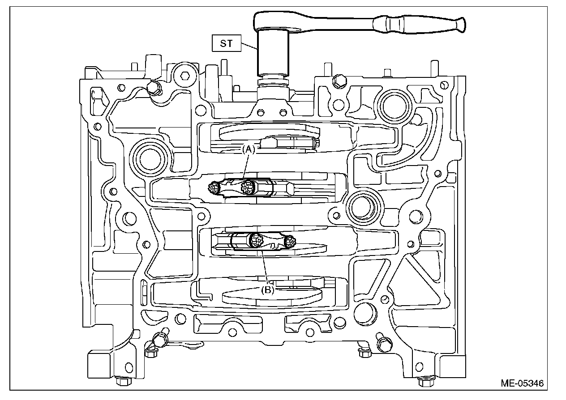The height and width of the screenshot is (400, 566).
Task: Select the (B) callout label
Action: [x=267, y=289]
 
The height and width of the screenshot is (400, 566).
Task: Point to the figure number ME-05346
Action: [x=522, y=383]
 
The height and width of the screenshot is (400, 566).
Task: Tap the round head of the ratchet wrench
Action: [x=273, y=22]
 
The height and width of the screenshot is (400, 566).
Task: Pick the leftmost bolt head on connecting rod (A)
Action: [x=214, y=189]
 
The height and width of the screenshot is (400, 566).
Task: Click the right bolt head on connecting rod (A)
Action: [x=246, y=187]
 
